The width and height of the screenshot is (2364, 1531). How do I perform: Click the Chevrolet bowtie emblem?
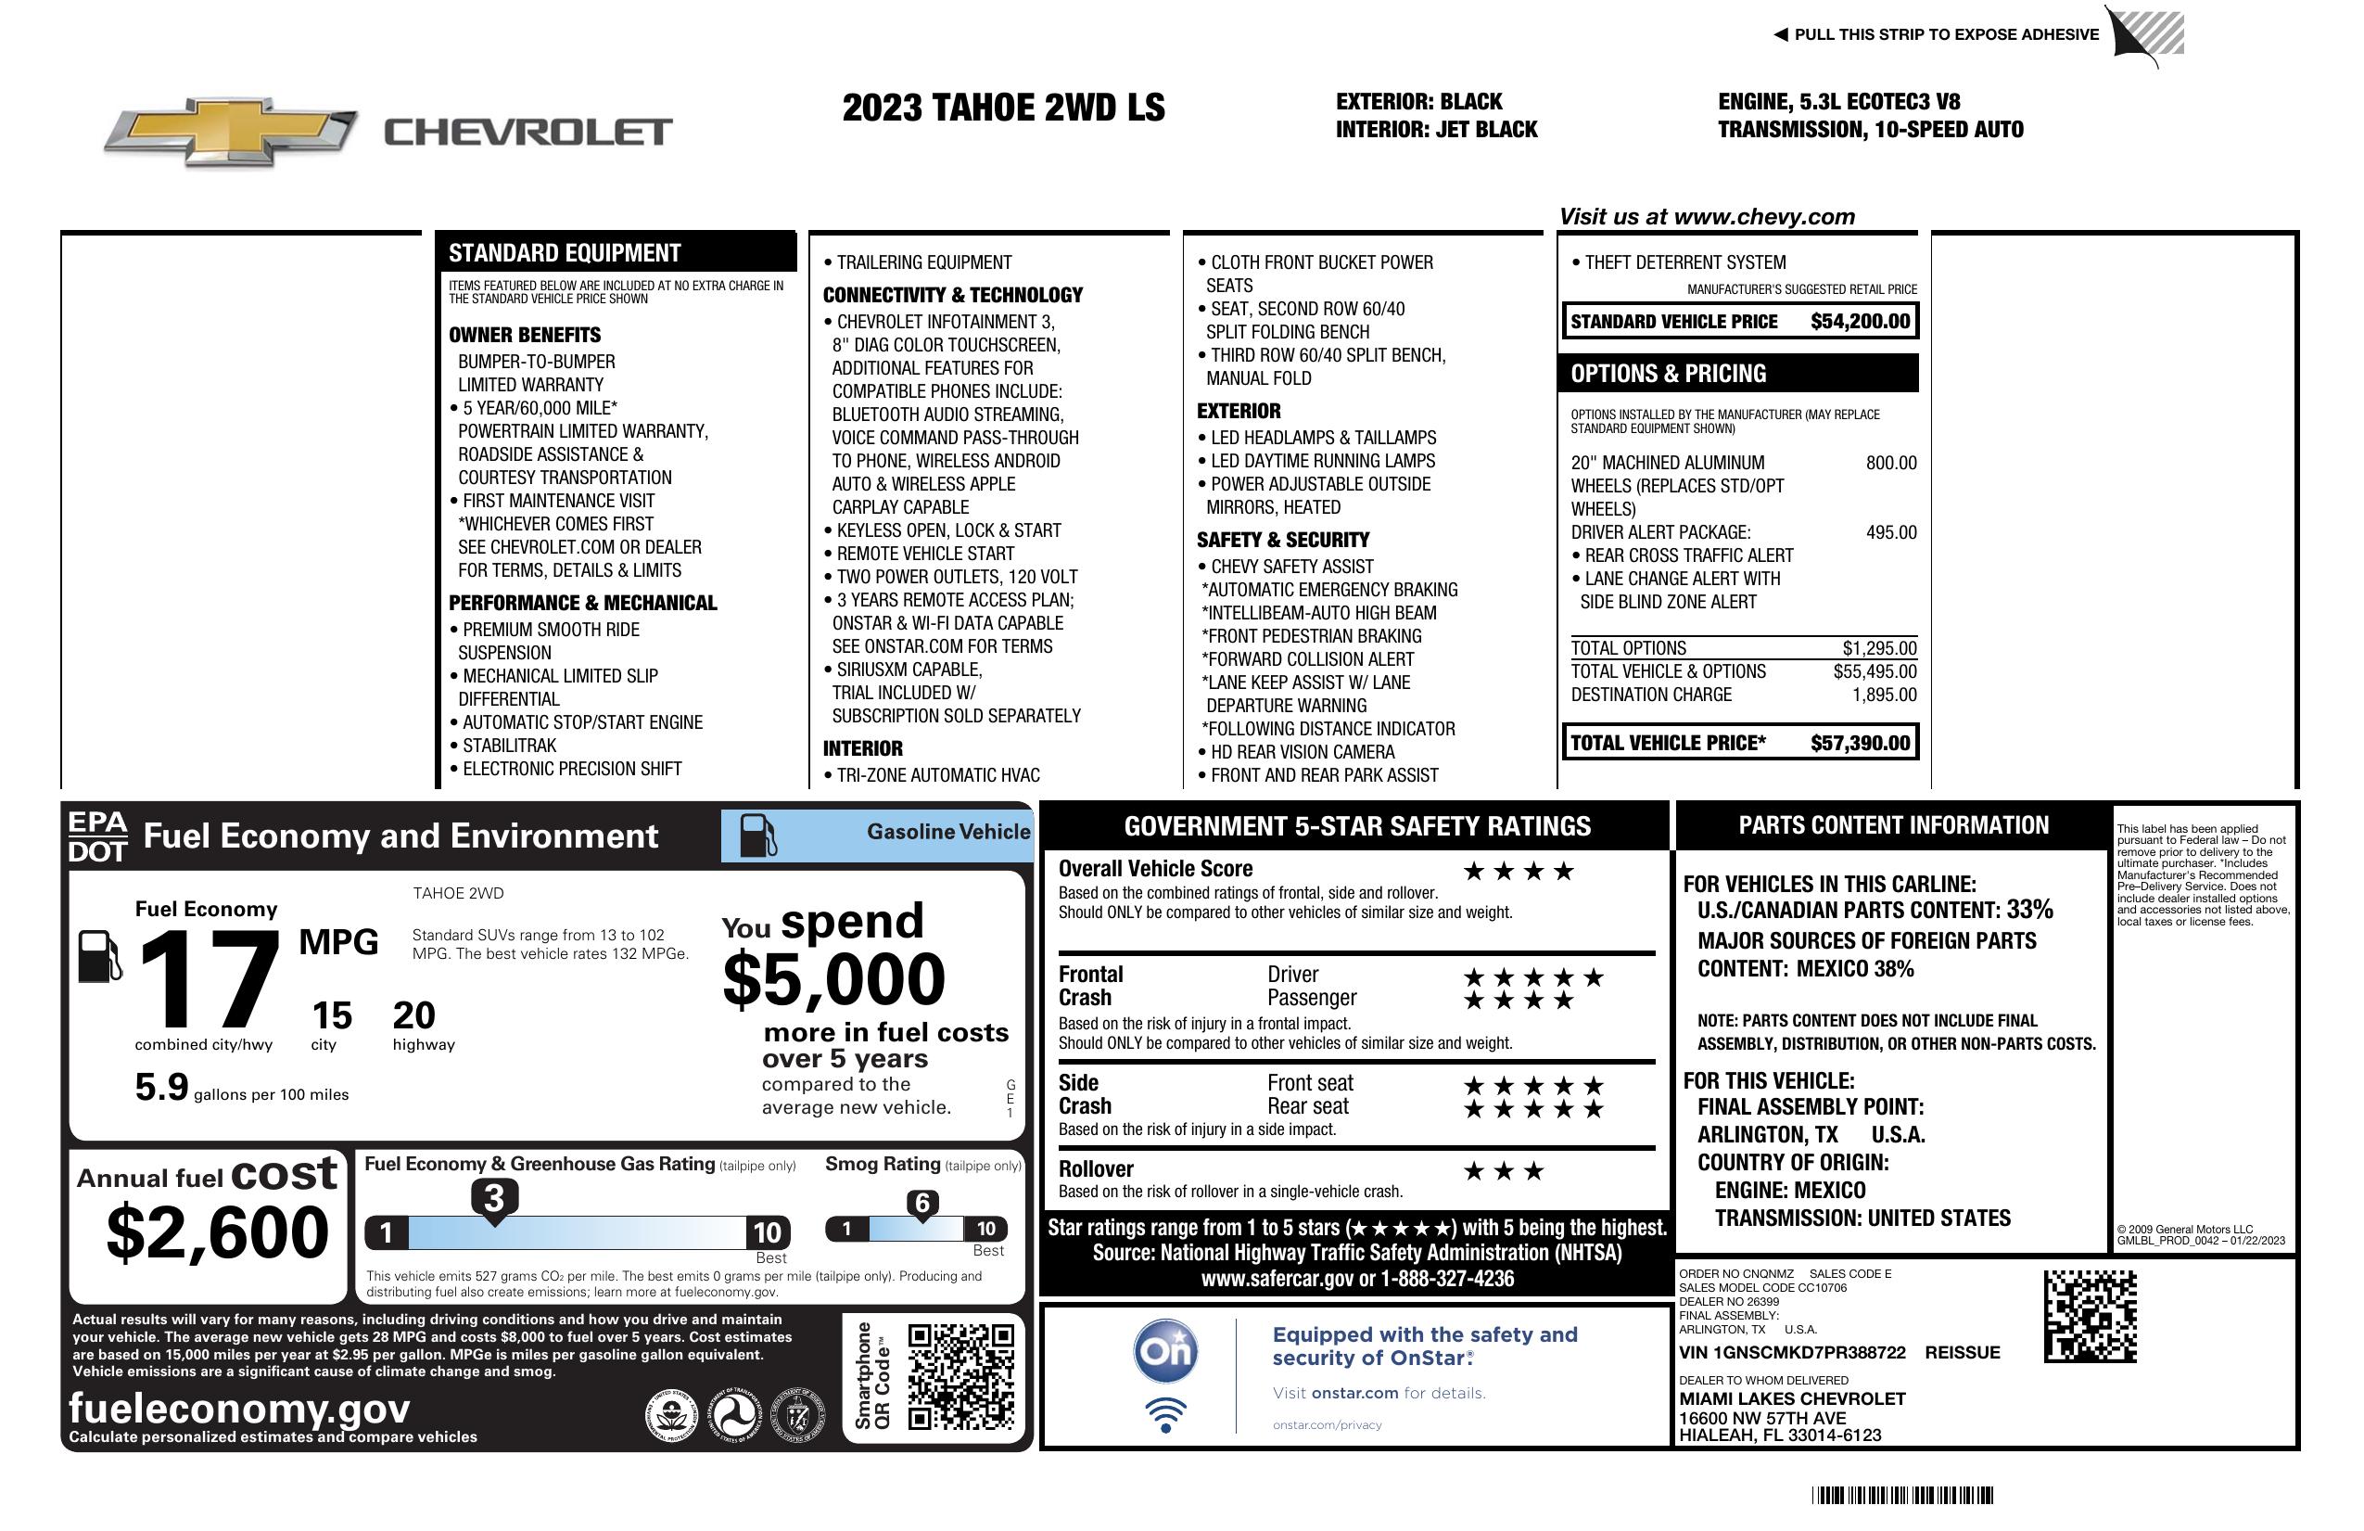pos(231,132)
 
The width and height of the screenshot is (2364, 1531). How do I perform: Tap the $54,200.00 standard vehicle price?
pos(1860,322)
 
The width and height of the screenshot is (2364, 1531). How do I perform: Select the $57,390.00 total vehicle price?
pos(1860,743)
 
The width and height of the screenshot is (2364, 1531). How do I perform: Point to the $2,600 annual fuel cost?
pos(217,1232)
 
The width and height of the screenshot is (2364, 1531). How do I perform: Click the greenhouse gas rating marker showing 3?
pos(493,1198)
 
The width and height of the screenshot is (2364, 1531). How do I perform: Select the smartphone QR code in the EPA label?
pos(961,1376)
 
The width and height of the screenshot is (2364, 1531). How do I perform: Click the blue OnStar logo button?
pos(1165,1351)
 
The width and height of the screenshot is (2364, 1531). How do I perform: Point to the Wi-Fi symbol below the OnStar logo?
pos(1165,1415)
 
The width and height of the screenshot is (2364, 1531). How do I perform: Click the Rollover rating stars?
pos(1504,1171)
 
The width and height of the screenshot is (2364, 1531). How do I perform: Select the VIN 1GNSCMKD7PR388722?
pos(1792,1353)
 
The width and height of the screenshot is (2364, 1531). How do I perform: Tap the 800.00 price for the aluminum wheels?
pos(1890,463)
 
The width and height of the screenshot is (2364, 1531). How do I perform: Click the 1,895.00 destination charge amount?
pos(1884,695)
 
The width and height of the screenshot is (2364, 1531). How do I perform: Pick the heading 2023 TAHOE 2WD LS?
pos(1003,108)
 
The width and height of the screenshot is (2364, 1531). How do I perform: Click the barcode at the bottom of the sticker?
pos(1901,1495)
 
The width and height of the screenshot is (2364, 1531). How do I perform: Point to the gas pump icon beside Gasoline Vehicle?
pos(758,836)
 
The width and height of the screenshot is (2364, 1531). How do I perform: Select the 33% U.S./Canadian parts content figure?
pos(2028,910)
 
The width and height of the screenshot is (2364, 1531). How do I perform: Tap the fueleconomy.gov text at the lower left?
pos(239,1409)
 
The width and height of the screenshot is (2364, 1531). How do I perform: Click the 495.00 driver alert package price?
pos(1890,532)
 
